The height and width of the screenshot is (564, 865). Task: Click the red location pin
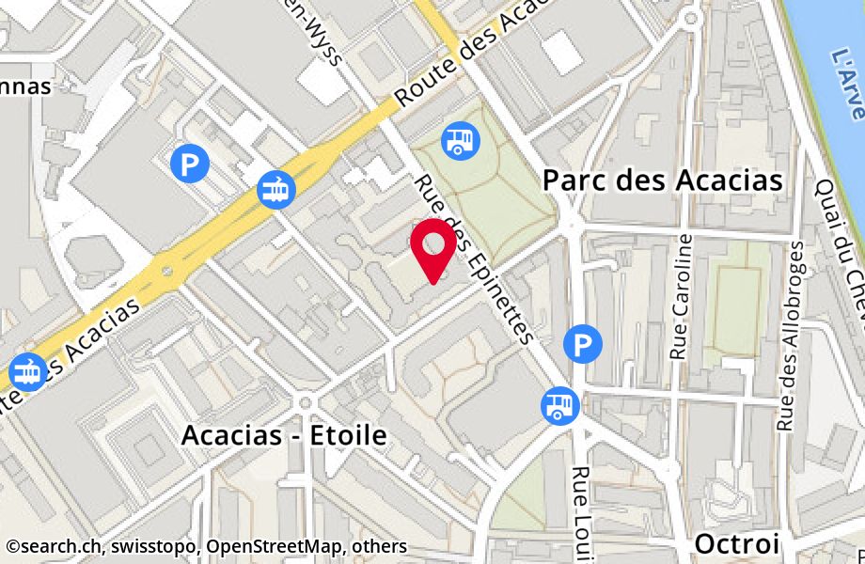[433, 247]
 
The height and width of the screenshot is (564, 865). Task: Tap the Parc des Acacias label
[663, 180]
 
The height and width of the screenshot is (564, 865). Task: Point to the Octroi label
[737, 543]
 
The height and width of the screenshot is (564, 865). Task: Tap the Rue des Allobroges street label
[791, 336]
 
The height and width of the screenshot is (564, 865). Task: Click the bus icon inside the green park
[460, 140]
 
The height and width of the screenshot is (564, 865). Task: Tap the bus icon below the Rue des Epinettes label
[558, 406]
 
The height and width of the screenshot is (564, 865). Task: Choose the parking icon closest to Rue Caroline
[583, 343]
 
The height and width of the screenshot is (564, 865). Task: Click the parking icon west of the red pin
[191, 165]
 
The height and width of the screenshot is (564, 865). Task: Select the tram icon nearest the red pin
[276, 190]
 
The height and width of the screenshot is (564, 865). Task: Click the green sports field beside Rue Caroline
[737, 299]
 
